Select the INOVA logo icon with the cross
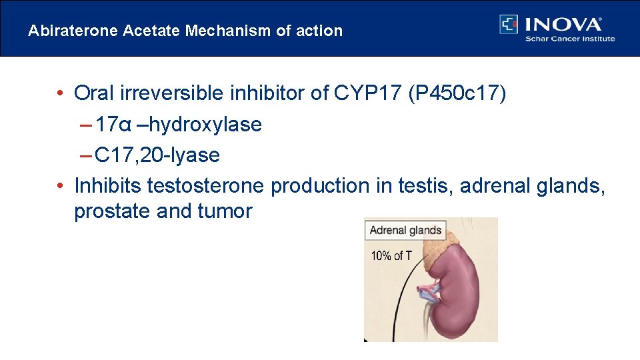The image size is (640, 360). point(509,24)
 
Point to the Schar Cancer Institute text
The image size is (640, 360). point(570,39)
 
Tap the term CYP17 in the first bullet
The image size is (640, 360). point(365,93)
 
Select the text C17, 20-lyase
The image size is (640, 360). point(157,155)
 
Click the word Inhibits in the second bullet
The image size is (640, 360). point(107,186)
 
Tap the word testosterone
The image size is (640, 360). point(205,186)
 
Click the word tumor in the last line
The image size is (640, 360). point(225,211)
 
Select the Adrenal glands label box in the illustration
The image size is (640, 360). point(405,231)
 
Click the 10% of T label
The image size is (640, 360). point(391,255)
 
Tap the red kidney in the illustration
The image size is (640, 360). point(467,293)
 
